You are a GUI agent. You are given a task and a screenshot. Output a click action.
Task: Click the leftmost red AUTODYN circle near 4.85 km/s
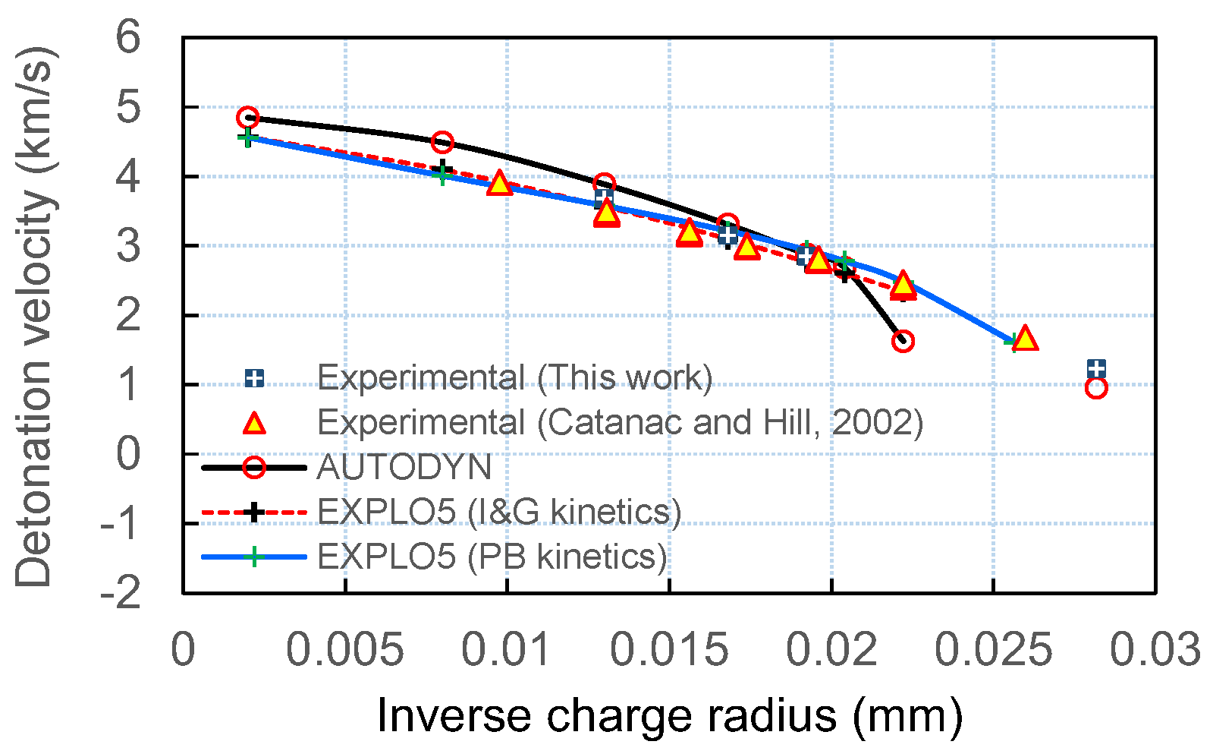pos(247,118)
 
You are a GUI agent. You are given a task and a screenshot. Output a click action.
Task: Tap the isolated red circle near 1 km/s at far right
pos(1096,387)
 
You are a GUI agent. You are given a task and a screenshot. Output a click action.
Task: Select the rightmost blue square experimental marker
pos(1096,369)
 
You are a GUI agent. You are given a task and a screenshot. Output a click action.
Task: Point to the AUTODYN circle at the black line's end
pos(903,341)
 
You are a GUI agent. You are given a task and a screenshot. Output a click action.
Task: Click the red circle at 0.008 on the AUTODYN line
pos(442,142)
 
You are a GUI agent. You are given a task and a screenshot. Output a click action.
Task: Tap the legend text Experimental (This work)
pos(514,377)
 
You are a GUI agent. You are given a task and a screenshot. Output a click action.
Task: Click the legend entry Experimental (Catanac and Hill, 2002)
pos(620,422)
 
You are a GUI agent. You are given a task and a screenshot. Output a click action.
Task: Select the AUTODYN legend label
pos(404,467)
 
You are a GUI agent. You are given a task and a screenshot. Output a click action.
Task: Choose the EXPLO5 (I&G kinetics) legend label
pos(498,512)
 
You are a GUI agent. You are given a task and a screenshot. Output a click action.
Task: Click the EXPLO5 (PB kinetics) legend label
pos(492,557)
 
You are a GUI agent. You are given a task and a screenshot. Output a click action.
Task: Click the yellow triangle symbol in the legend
pos(255,424)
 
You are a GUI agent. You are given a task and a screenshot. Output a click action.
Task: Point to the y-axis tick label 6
pos(129,36)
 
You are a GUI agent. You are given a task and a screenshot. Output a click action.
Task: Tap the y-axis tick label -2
pos(121,593)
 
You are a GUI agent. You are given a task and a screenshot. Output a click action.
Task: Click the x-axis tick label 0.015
pos(669,651)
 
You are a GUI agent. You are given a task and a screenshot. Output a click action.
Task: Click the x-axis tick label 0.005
pos(345,651)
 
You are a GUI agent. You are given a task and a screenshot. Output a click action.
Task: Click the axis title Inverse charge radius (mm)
pos(669,716)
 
